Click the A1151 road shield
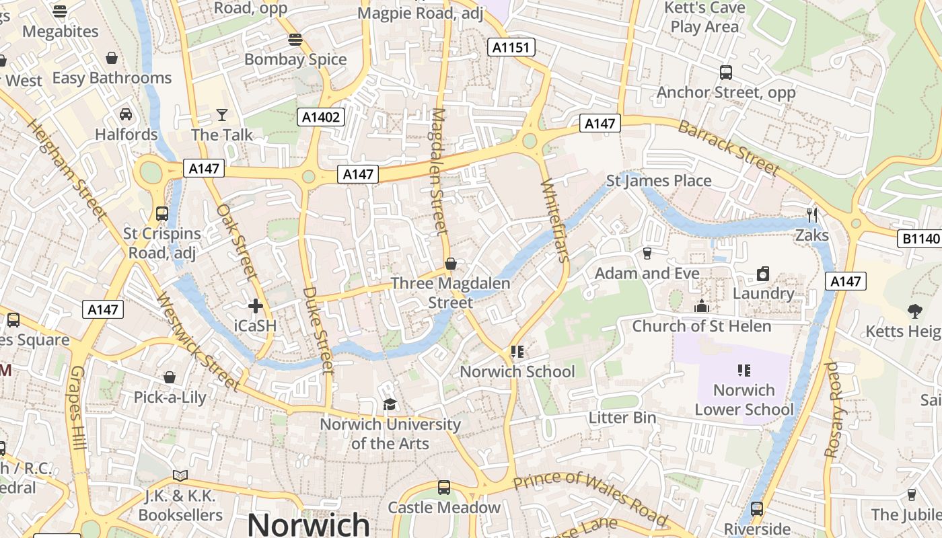click(511, 47)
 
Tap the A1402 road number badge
click(321, 118)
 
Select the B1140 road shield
click(920, 239)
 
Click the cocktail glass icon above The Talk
click(222, 115)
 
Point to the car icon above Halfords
click(126, 114)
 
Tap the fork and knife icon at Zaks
click(812, 215)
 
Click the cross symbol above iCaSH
click(256, 307)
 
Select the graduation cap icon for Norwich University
click(390, 404)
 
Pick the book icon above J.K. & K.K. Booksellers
click(180, 476)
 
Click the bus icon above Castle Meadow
click(444, 488)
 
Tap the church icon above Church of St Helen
click(702, 306)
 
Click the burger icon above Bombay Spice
click(295, 39)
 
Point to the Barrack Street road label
click(728, 149)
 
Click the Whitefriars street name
click(555, 220)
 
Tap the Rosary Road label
click(832, 410)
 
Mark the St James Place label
click(659, 181)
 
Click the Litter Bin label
click(622, 418)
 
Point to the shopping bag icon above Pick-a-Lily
click(170, 377)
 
